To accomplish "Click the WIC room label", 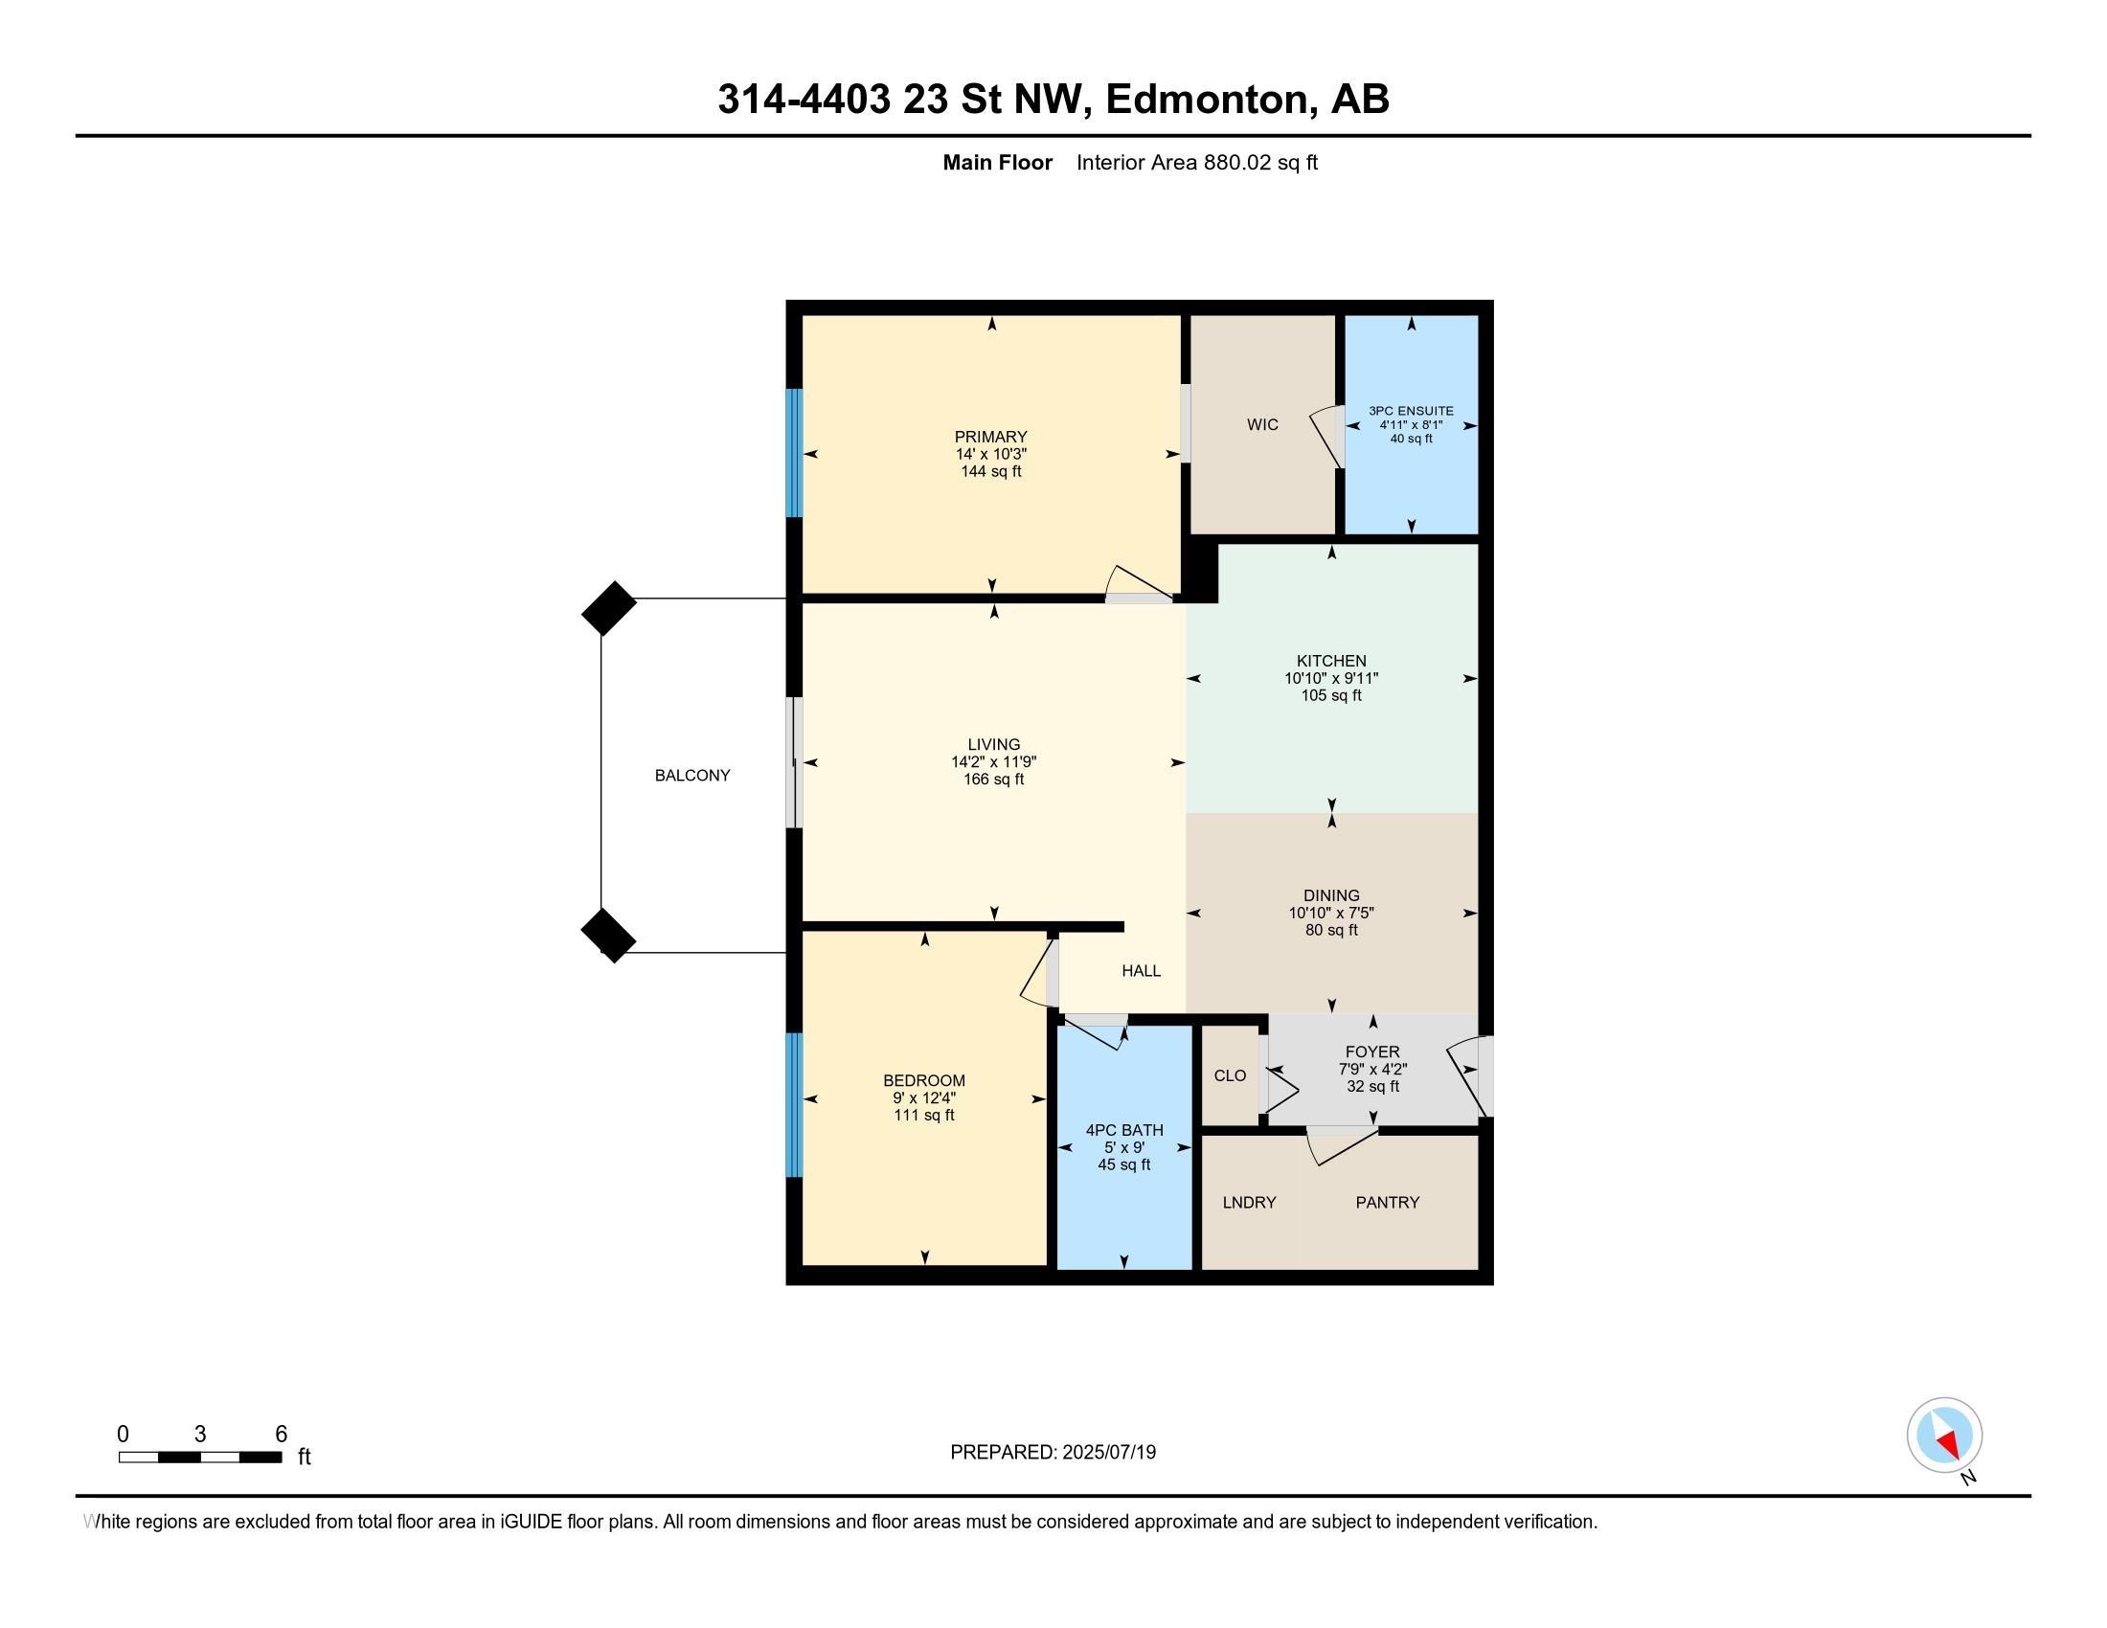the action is pyautogui.click(x=1262, y=424).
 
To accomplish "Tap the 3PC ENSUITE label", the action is pyautogui.click(x=1411, y=411).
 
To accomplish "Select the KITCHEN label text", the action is pyautogui.click(x=1331, y=661).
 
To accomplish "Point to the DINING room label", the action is pyautogui.click(x=1331, y=895).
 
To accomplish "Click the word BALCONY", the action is pyautogui.click(x=692, y=776).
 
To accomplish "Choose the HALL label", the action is pyautogui.click(x=1142, y=971).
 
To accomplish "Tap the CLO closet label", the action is pyautogui.click(x=1230, y=1075).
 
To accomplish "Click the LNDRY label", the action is pyautogui.click(x=1249, y=1203).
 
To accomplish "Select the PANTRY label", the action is pyautogui.click(x=1388, y=1203).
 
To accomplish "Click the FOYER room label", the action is pyautogui.click(x=1372, y=1052).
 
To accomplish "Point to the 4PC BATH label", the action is pyautogui.click(x=1125, y=1130).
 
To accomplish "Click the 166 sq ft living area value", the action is pyautogui.click(x=994, y=780).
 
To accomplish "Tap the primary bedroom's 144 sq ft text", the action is pyautogui.click(x=991, y=471).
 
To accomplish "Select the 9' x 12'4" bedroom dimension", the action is pyautogui.click(x=924, y=1098).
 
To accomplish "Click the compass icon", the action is pyautogui.click(x=1944, y=1436).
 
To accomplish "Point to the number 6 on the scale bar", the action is pyautogui.click(x=281, y=1435).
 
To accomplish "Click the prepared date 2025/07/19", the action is pyautogui.click(x=1109, y=1453).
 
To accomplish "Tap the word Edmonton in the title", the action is pyautogui.click(x=1211, y=100).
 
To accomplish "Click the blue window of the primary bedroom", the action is pyautogui.click(x=794, y=453).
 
